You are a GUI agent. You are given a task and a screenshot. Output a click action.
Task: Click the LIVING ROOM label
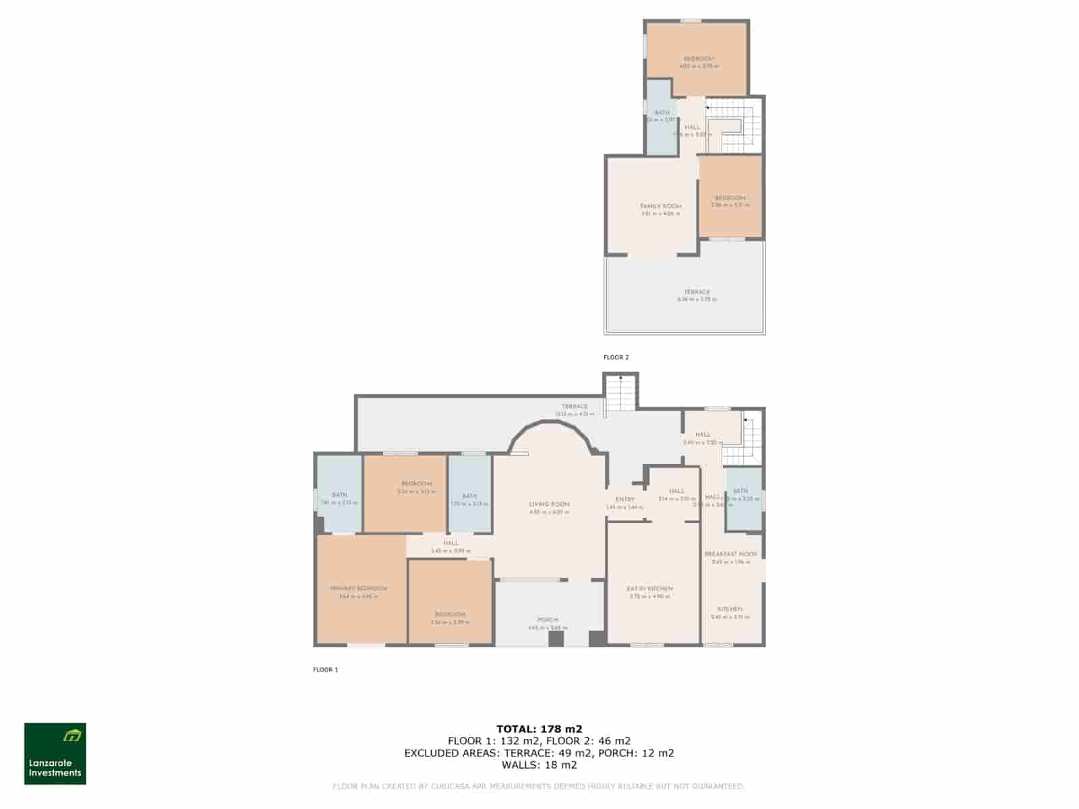tap(550, 504)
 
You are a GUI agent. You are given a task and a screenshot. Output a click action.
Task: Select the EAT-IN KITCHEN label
tap(651, 589)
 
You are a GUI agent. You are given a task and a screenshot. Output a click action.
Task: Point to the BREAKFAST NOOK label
tap(730, 554)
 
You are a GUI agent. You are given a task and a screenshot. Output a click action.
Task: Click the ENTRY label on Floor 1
tap(625, 500)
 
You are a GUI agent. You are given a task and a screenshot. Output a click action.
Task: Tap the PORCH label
tap(548, 620)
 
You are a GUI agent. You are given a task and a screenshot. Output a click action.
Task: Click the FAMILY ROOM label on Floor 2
tap(661, 206)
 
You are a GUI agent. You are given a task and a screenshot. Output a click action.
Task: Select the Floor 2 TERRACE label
tap(697, 293)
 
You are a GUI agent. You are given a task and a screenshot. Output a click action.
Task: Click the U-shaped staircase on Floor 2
tap(735, 126)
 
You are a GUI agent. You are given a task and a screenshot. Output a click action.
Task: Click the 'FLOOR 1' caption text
tap(326, 670)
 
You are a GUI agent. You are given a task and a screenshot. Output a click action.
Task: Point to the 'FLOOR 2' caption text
tap(616, 358)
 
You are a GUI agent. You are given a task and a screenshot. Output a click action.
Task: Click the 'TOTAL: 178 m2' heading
tap(539, 729)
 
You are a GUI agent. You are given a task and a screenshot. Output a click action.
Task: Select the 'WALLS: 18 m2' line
tap(539, 765)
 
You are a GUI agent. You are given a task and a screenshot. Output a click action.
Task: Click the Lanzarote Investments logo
tap(55, 754)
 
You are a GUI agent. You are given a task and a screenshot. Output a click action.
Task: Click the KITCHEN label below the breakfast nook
tap(730, 609)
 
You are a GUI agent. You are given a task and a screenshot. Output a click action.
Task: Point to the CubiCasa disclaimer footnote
tap(539, 787)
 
